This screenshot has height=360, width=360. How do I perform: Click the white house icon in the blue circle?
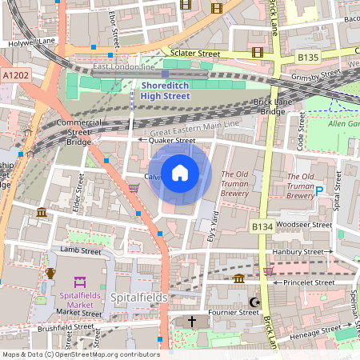click(180, 173)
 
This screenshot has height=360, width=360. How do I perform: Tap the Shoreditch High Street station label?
click(165, 90)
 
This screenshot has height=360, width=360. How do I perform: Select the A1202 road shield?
click(14, 74)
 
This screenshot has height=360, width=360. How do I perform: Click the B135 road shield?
click(308, 58)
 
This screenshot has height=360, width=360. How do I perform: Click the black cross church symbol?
click(191, 322)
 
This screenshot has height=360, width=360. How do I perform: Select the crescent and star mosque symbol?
click(255, 302)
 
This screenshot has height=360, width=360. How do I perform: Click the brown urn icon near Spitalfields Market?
click(50, 273)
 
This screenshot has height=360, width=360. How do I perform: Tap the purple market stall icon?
click(79, 282)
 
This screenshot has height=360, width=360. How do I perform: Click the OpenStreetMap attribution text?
click(80, 354)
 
